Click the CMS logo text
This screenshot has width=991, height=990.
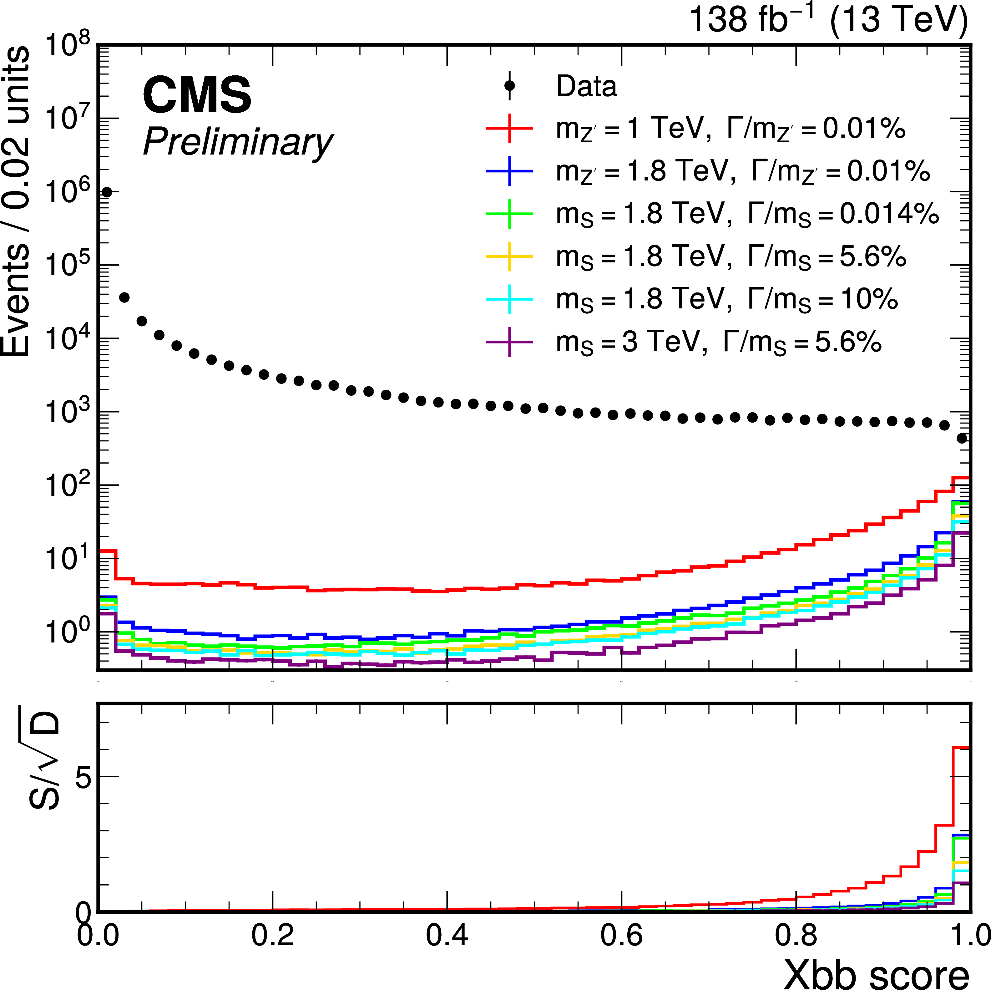(x=197, y=95)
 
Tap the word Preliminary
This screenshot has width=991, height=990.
(x=237, y=142)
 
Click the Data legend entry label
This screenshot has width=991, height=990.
(x=586, y=86)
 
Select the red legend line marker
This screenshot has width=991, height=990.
(x=509, y=128)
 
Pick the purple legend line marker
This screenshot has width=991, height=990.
(x=509, y=342)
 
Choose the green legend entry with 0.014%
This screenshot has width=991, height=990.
(x=747, y=214)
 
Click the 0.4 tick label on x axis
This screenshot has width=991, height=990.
(x=447, y=935)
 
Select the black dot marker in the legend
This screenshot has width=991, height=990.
(x=509, y=86)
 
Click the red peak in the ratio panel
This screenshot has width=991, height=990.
(x=960, y=749)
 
